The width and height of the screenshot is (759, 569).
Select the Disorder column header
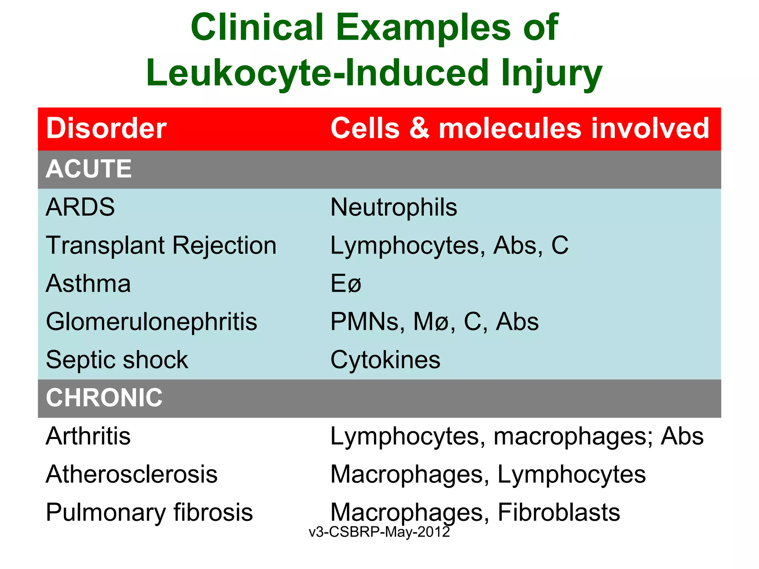106,128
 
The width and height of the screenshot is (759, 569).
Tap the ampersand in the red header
419,128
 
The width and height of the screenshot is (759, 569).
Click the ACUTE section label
89,169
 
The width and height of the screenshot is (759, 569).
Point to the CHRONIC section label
104,397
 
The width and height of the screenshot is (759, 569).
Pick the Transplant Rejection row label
161,245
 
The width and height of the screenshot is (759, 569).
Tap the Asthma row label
88,283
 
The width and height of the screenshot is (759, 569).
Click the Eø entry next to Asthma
345,284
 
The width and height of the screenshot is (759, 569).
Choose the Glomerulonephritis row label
151,322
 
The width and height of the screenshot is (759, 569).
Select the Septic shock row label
117,360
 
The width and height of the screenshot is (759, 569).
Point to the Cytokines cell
385,360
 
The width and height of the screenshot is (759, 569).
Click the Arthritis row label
88,436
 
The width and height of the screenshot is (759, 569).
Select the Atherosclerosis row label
132,474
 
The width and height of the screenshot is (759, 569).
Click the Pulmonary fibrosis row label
149,512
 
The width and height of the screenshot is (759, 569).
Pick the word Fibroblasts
559,512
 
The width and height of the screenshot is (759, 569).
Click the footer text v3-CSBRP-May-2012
379,532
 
